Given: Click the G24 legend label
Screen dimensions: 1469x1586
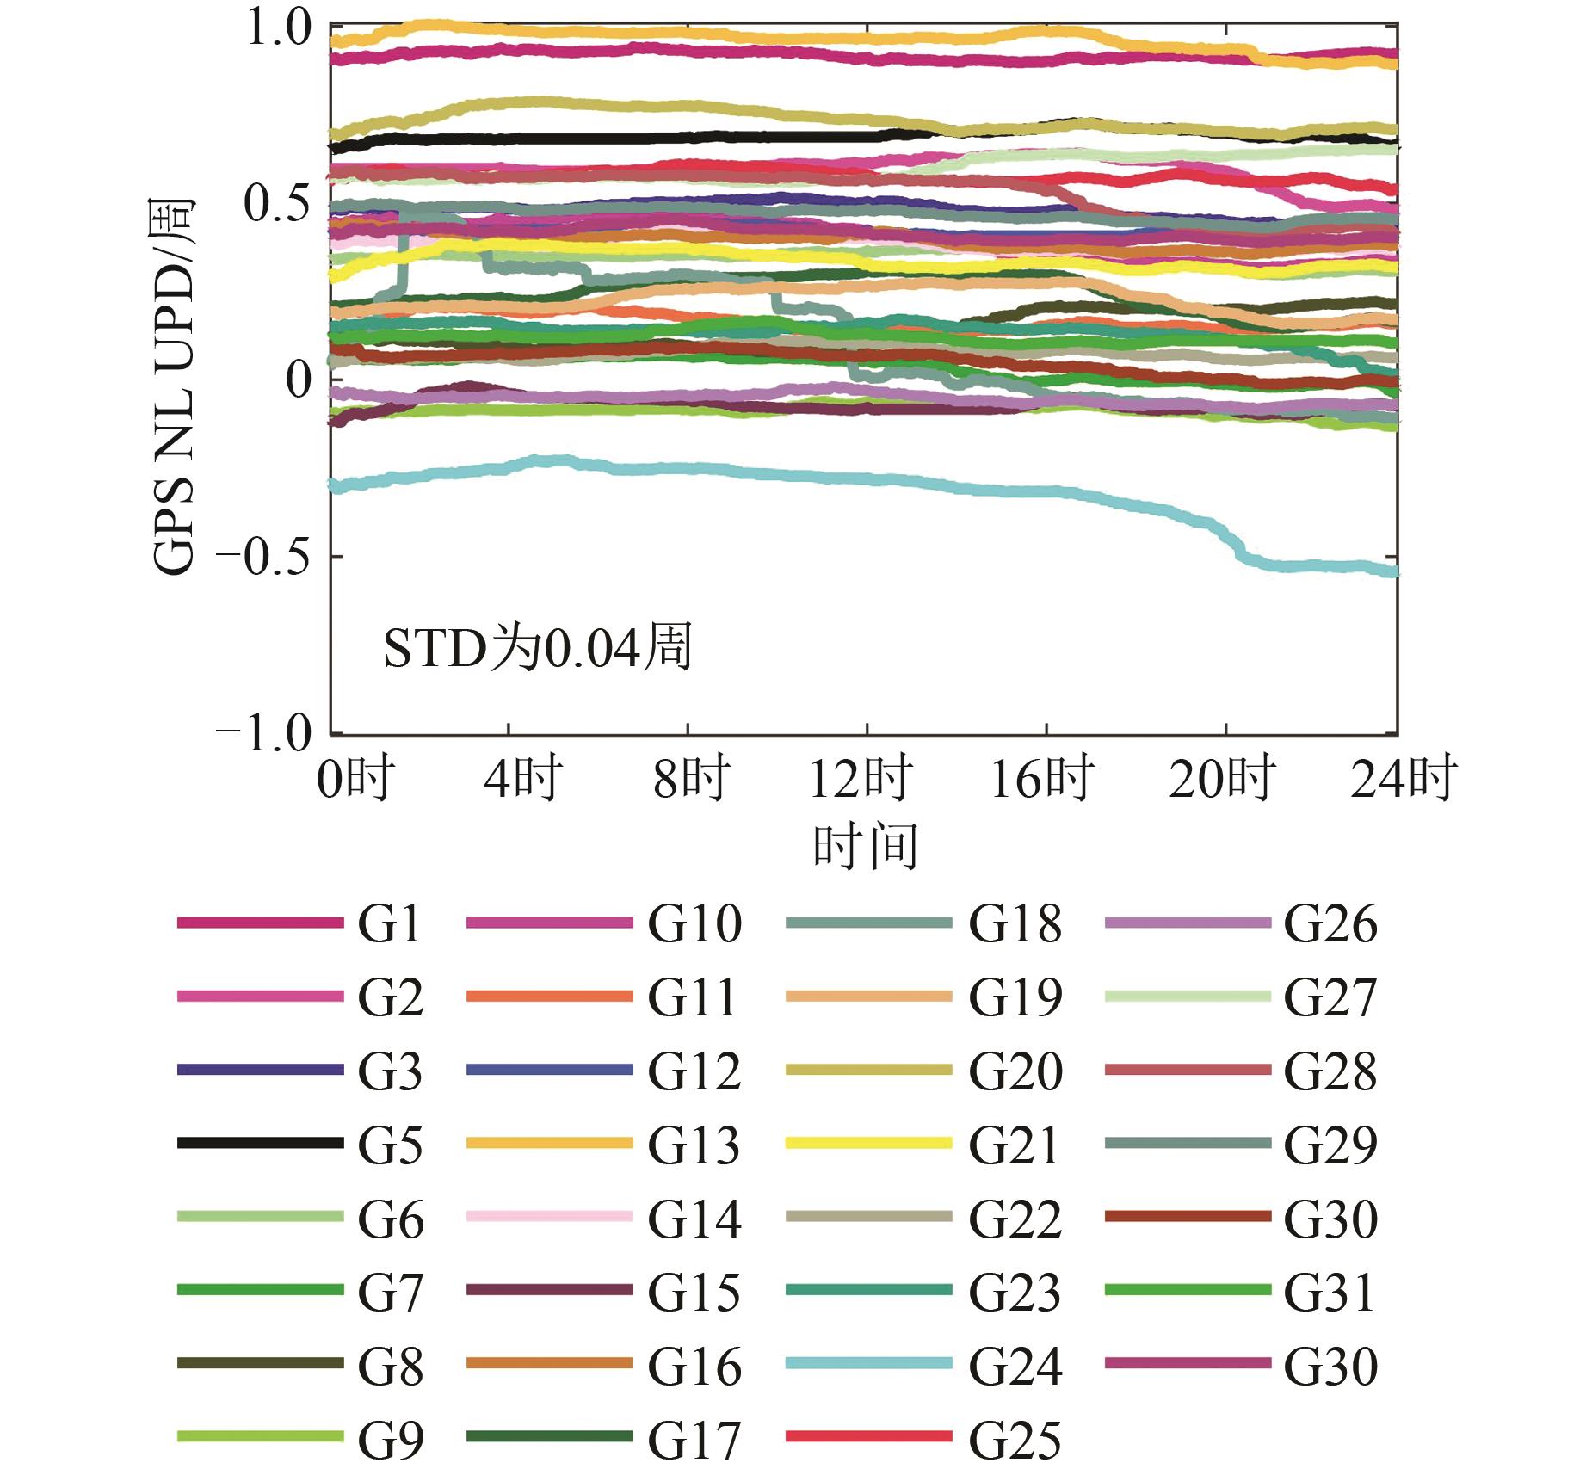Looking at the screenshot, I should pyautogui.click(x=1015, y=1367).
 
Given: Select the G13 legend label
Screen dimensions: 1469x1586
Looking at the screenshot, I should pyautogui.click(x=694, y=1145).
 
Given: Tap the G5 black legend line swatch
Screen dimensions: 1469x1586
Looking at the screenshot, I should pyautogui.click(x=260, y=1143).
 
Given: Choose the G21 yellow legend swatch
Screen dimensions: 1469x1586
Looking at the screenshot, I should pyautogui.click(x=869, y=1143).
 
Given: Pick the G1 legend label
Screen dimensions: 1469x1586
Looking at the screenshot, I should pyautogui.click(x=390, y=924).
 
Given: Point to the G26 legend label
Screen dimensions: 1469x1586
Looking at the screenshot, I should pyautogui.click(x=1330, y=924).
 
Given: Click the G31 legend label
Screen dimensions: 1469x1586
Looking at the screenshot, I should pyautogui.click(x=1329, y=1293).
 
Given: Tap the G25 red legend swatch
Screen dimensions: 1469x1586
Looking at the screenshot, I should pyautogui.click(x=869, y=1437).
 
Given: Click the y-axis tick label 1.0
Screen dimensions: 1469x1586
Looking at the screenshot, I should pyautogui.click(x=278, y=29).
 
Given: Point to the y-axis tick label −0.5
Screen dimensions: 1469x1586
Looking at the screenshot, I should pyautogui.click(x=263, y=558).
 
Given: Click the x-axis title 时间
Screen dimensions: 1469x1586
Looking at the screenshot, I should pyautogui.click(x=865, y=847).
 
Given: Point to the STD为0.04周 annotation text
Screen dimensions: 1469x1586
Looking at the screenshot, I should pyautogui.click(x=538, y=648).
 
